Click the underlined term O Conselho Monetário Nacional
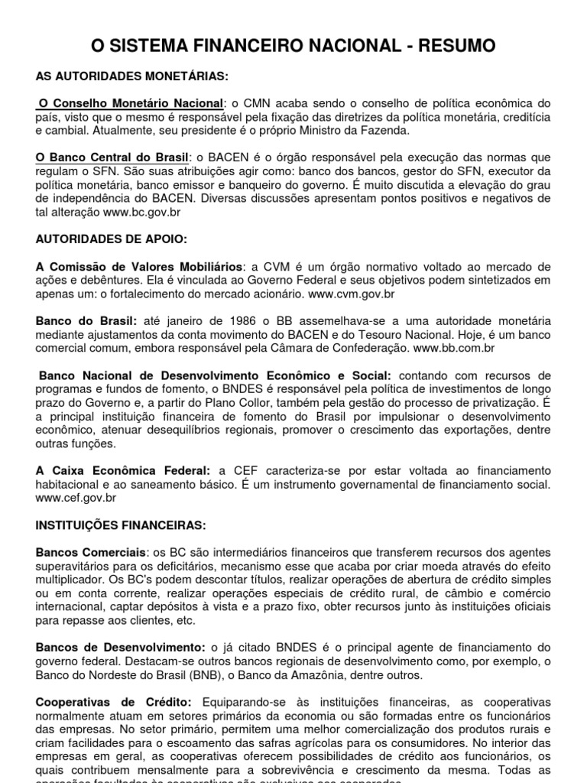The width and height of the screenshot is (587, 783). [131, 103]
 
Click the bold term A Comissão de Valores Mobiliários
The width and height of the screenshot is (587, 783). [139, 266]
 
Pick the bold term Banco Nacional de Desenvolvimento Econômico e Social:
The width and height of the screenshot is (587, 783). [215, 375]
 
